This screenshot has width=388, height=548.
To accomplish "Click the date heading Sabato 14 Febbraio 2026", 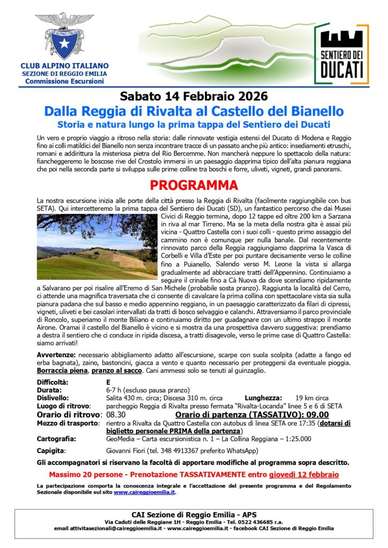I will pyautogui.click(x=193, y=97).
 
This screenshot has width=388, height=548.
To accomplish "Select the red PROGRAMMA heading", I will pyautogui.click(x=193, y=186).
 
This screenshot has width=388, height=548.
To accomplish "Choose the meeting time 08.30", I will pyautogui.click(x=116, y=414).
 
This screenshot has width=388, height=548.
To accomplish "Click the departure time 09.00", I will pyautogui.click(x=316, y=414).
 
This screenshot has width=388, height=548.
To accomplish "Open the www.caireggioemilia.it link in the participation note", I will pyautogui.click(x=144, y=492).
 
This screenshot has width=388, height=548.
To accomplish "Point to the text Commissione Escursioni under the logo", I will pyautogui.click(x=65, y=81).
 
